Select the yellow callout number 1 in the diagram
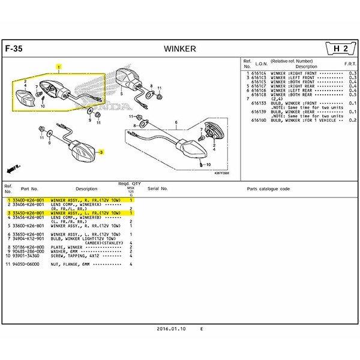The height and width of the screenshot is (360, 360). tap(58, 67)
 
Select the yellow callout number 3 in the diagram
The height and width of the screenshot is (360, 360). tap(102, 153)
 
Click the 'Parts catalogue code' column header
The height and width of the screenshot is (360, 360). tap(268, 188)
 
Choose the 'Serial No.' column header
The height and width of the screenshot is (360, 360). tap(157, 188)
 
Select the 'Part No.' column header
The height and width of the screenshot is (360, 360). tap(29, 188)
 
